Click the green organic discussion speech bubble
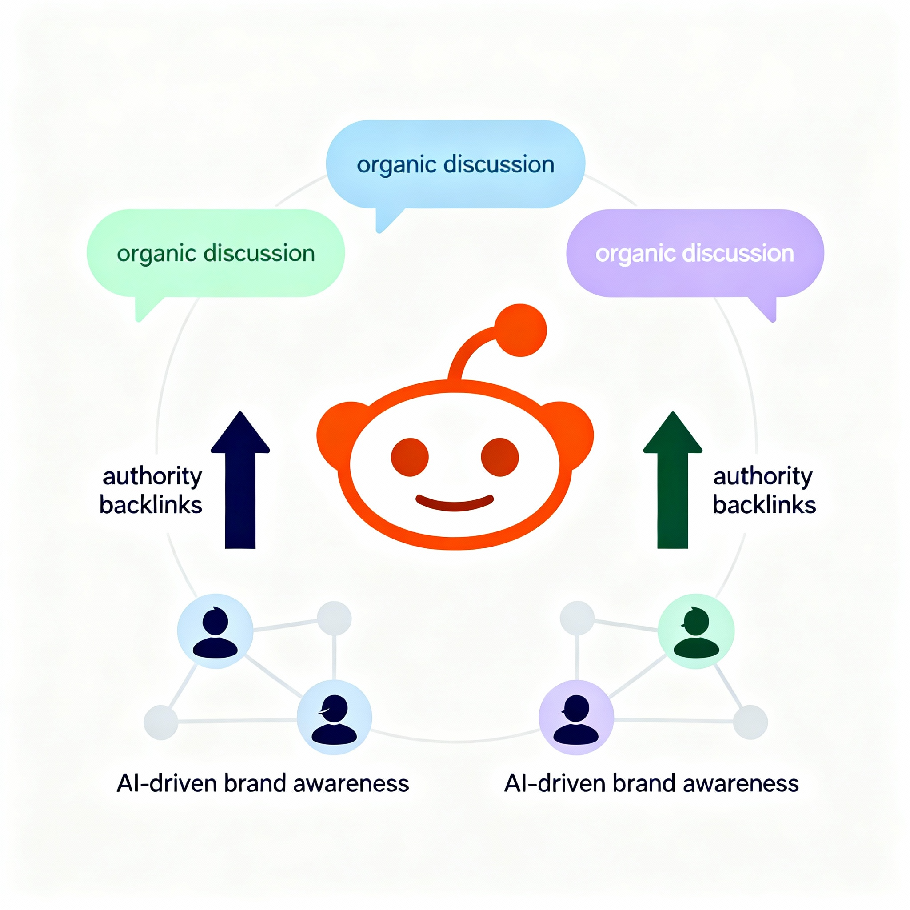coord(216,253)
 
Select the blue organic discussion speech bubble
coord(455,164)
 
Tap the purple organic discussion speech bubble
coord(695,253)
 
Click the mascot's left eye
coord(410,457)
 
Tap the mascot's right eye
coord(500,457)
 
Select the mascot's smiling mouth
coord(455,504)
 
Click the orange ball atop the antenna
coord(520,330)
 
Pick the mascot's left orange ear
coord(337,431)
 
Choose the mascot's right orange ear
coord(572,431)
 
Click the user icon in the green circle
coord(696,631)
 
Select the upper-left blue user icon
coord(215,631)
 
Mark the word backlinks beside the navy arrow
coord(151,505)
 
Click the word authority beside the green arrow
coord(762,476)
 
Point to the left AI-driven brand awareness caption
coord(263,783)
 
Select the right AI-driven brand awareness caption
coord(651,783)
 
